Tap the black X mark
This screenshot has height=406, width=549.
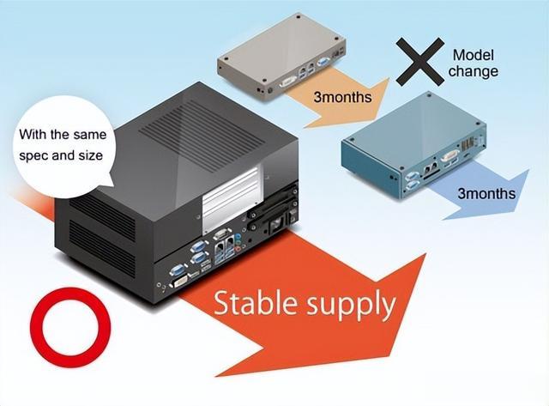point(420,61)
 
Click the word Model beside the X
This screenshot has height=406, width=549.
point(473,55)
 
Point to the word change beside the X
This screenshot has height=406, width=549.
point(474,71)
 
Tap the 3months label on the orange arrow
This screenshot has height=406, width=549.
point(342,97)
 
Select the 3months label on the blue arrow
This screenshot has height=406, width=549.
point(486,193)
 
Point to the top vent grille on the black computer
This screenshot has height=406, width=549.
point(202,136)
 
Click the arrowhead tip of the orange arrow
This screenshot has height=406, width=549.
point(389,78)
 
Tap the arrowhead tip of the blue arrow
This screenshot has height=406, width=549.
point(528,170)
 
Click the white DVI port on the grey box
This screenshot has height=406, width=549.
point(288,82)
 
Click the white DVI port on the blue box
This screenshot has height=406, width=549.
point(449,155)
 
